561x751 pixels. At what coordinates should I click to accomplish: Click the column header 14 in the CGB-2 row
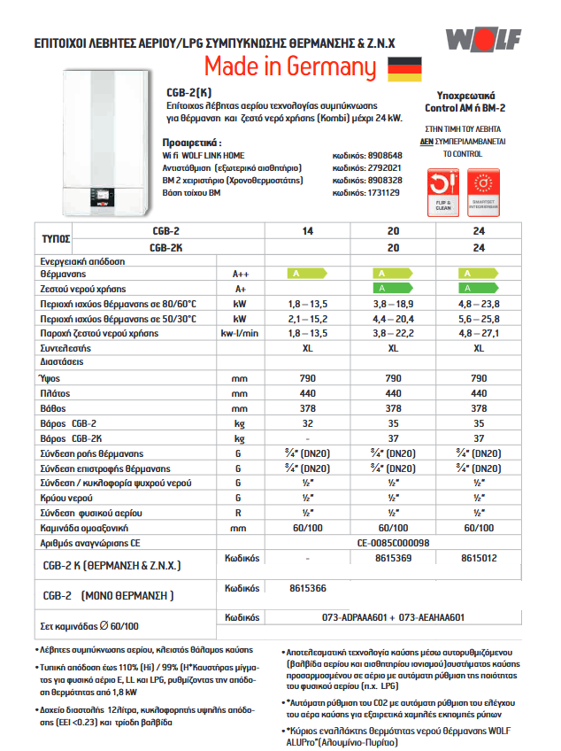[x=307, y=231]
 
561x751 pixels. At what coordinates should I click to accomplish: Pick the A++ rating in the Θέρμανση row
[x=240, y=275]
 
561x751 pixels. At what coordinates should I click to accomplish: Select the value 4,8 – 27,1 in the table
[x=479, y=333]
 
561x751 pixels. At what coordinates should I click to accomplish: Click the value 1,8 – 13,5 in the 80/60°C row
[x=307, y=304]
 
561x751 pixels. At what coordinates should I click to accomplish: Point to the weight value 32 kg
[x=307, y=424]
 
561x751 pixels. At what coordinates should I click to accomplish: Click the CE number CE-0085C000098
[x=393, y=542]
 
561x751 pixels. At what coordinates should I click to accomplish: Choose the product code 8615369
[x=393, y=559]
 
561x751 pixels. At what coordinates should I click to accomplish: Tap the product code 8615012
[x=479, y=559]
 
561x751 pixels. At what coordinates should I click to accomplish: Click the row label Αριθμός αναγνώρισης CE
[x=90, y=542]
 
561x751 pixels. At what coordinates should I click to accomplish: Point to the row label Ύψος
[x=50, y=377]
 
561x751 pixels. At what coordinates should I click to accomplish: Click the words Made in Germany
[x=290, y=67]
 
